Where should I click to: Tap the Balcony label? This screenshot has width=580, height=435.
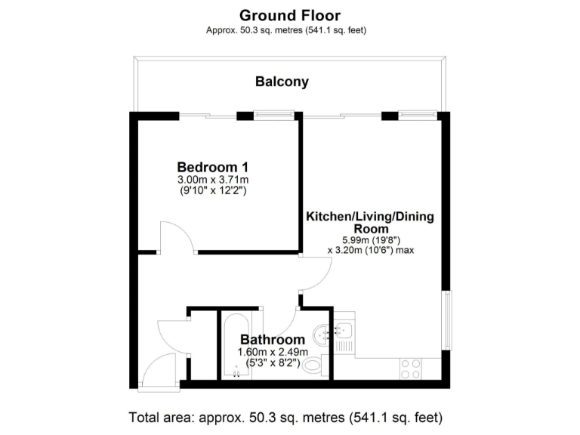click(282, 82)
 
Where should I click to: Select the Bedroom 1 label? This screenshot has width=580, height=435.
click(213, 167)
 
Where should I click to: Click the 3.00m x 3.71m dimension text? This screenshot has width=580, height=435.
click(213, 180)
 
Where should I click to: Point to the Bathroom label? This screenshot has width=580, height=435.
click(273, 340)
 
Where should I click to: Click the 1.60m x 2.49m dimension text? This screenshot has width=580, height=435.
click(273, 352)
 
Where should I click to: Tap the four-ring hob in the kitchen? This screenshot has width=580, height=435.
click(412, 369)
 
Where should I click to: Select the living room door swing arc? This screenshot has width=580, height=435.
click(316, 274)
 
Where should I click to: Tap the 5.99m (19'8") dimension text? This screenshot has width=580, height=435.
click(369, 239)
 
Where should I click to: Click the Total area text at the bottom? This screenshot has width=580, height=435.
click(285, 417)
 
